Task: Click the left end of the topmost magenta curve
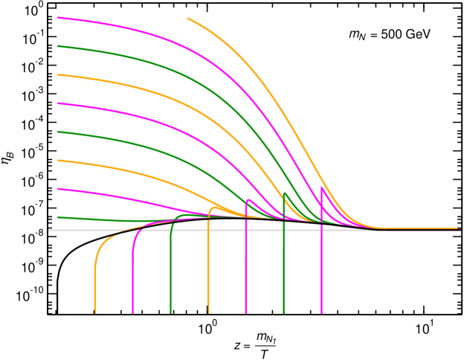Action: pyautogui.click(x=58, y=18)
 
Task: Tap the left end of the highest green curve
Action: pyautogui.click(x=58, y=46)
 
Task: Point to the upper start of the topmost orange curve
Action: pyautogui.click(x=187, y=19)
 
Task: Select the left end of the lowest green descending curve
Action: pyautogui.click(x=58, y=217)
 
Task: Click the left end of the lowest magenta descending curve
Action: pyautogui.click(x=58, y=189)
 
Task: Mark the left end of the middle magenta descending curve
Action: pyautogui.click(x=58, y=103)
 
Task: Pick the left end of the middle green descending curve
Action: pyautogui.click(x=58, y=132)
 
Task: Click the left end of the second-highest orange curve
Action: pyautogui.click(x=58, y=75)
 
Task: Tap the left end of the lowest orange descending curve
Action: pyautogui.click(x=58, y=161)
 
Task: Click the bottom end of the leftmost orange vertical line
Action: pyautogui.click(x=95, y=312)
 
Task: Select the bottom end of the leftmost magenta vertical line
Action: pyautogui.click(x=133, y=312)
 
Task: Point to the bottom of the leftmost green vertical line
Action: pyautogui.click(x=170, y=312)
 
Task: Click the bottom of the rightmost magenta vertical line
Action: pyautogui.click(x=321, y=312)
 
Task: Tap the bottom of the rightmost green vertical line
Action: pyautogui.click(x=283, y=312)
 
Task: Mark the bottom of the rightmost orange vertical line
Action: pyautogui.click(x=208, y=312)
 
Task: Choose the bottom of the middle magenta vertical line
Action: pyautogui.click(x=246, y=312)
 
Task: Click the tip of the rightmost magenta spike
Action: pyautogui.click(x=321, y=186)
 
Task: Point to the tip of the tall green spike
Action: pyautogui.click(x=284, y=193)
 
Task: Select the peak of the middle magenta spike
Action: pyautogui.click(x=248, y=199)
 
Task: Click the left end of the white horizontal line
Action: pyautogui.click(x=49, y=230)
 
